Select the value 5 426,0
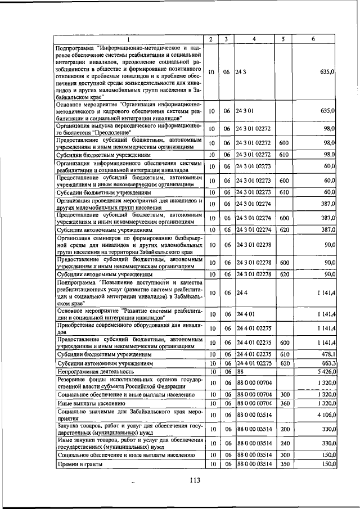(x=325, y=372)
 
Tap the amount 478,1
(x=328, y=355)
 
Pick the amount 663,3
(x=328, y=363)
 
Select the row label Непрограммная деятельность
(x=95, y=372)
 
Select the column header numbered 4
(x=254, y=39)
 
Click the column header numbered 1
(x=128, y=39)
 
